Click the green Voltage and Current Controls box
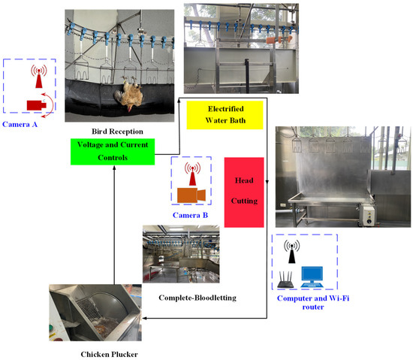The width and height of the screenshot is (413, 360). coord(113,153)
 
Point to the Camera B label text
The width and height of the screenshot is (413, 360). coord(191,216)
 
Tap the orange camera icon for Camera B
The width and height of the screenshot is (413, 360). coord(191,195)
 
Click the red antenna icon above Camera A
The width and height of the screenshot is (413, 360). coord(35,77)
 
